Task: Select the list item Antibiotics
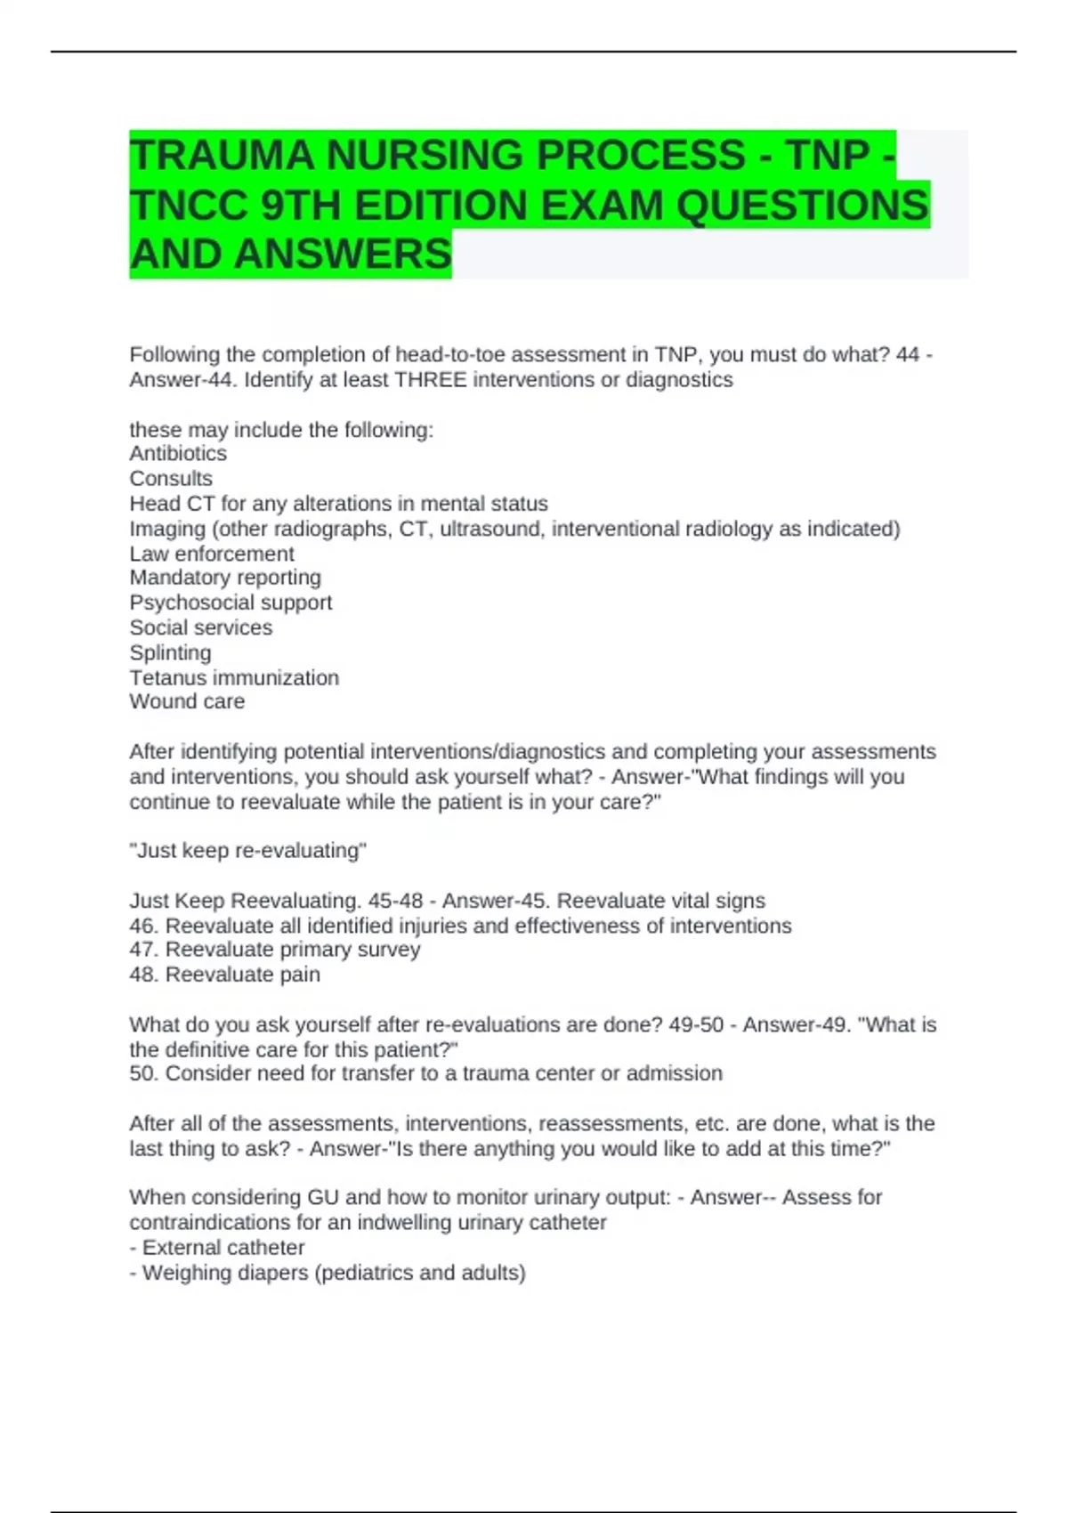[x=178, y=453]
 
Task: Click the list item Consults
[x=171, y=478]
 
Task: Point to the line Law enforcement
[x=212, y=554]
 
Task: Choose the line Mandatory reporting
[x=225, y=578]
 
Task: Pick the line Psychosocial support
[x=231, y=603]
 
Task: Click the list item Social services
[x=201, y=627]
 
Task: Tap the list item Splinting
[x=170, y=652]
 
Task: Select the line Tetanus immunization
[x=234, y=677]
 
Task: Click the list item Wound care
[x=187, y=701]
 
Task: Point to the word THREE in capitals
[x=431, y=380]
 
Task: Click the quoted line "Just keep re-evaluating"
[x=247, y=851]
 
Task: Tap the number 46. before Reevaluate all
[x=144, y=926]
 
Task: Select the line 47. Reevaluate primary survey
[x=274, y=950]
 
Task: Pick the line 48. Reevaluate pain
[x=224, y=975]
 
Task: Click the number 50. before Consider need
[x=144, y=1073]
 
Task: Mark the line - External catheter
[x=217, y=1248]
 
